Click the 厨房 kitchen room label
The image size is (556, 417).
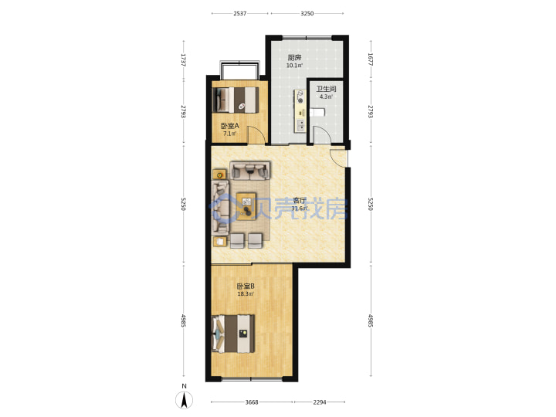(294, 58)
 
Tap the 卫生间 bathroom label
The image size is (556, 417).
(326, 89)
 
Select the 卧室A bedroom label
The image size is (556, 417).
(230, 126)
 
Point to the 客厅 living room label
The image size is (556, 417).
(300, 200)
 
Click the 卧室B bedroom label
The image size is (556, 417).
(246, 286)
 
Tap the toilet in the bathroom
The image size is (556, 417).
(317, 113)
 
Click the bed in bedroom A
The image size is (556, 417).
(236, 100)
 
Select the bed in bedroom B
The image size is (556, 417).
(233, 334)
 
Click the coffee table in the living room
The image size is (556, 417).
(246, 206)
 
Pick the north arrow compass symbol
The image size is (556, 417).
(185, 400)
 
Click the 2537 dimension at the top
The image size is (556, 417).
(240, 13)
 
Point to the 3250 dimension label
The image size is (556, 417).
(307, 13)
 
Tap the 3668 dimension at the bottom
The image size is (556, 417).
(252, 402)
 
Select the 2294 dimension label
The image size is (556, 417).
(320, 402)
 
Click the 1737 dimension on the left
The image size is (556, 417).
(183, 60)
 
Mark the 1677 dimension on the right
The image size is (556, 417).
(370, 60)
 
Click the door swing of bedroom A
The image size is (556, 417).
(256, 134)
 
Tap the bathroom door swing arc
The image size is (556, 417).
(322, 134)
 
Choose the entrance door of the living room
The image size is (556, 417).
(339, 158)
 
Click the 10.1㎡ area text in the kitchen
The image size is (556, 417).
(294, 66)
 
